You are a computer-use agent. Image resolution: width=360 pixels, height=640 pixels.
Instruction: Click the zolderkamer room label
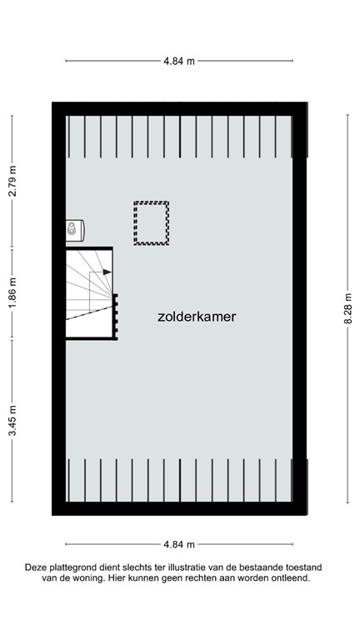[x=197, y=317]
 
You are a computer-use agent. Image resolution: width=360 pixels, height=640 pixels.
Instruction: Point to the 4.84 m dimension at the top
[x=179, y=61]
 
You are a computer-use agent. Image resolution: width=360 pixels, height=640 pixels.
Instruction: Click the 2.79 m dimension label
[x=12, y=181]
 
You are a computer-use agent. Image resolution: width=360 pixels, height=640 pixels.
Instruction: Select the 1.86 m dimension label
[x=12, y=293]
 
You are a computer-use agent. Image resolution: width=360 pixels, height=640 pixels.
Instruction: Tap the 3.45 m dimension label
[x=12, y=438]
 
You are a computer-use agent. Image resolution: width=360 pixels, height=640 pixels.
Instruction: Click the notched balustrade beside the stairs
[x=115, y=316]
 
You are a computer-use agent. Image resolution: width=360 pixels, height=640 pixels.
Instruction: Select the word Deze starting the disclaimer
[x=36, y=567]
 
